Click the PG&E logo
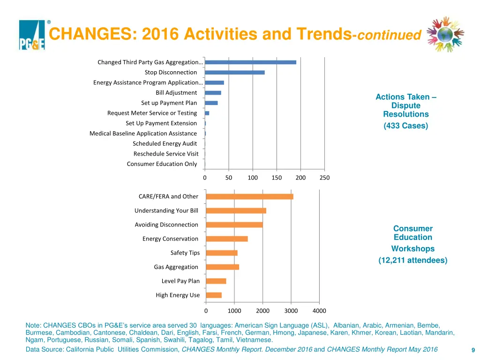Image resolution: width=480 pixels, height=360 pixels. click(x=32, y=35)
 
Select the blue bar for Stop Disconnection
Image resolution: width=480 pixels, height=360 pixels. click(x=235, y=72)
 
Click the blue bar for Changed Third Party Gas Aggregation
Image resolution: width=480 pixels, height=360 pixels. click(x=250, y=62)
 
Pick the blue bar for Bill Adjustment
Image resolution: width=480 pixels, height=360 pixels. click(x=213, y=93)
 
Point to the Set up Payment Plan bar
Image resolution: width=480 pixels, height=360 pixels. click(x=211, y=103)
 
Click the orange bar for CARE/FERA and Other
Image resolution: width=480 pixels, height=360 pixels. click(x=250, y=196)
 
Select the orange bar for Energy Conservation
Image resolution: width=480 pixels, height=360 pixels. click(x=227, y=239)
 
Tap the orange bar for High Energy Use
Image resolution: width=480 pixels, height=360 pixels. click(x=214, y=295)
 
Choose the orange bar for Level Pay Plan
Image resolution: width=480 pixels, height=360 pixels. click(x=216, y=281)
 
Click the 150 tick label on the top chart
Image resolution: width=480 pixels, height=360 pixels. click(x=277, y=178)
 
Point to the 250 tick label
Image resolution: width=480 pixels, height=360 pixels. click(x=324, y=178)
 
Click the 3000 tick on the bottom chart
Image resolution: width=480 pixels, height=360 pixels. click(x=291, y=311)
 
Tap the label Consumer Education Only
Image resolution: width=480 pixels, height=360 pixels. click(x=162, y=164)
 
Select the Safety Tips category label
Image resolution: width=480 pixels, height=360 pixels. click(x=185, y=253)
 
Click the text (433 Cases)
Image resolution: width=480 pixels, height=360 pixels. click(x=406, y=126)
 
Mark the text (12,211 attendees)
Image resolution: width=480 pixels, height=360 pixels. click(x=413, y=260)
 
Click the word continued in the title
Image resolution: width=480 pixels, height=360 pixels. click(x=389, y=36)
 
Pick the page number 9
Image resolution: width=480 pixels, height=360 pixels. click(x=473, y=350)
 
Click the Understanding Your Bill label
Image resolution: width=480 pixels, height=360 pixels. click(x=166, y=211)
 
